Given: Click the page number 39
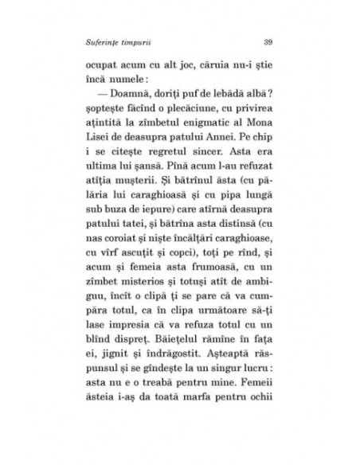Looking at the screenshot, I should [x=268, y=42].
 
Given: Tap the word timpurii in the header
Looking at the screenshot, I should [x=147, y=42].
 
